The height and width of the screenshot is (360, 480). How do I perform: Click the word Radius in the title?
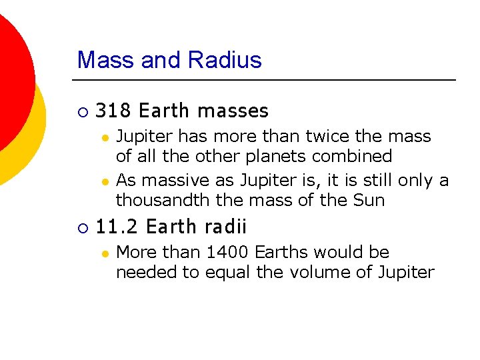pos(225,60)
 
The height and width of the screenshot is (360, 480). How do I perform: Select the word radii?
pos(226,227)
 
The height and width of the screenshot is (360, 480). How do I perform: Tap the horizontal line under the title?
pos(267,81)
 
